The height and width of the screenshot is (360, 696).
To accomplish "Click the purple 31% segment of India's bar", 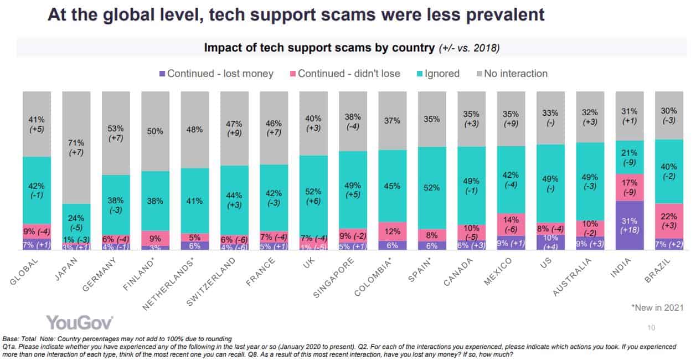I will pyautogui.click(x=630, y=225).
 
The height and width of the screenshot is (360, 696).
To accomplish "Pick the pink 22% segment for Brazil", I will pyautogui.click(x=669, y=220).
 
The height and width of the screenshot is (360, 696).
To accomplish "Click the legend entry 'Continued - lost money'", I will pyautogui.click(x=215, y=73).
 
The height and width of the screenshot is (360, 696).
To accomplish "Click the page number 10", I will pyautogui.click(x=651, y=328).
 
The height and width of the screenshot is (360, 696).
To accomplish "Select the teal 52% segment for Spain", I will pyautogui.click(x=432, y=188).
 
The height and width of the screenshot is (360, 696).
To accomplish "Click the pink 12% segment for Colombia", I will pyautogui.click(x=392, y=231).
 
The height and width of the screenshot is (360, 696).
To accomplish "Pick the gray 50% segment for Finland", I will pyautogui.click(x=155, y=131).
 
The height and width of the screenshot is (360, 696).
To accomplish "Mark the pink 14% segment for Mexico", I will pyautogui.click(x=511, y=224).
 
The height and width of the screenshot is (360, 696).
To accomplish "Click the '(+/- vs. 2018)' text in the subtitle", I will pyautogui.click(x=469, y=48).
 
